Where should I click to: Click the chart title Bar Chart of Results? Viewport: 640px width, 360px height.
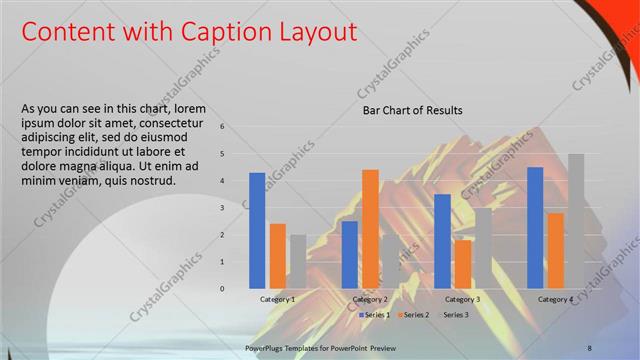[412, 111]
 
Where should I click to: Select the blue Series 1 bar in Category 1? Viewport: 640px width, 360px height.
[257, 230]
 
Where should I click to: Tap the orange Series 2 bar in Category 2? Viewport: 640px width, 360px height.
[370, 228]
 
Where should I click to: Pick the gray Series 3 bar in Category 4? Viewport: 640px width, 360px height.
[576, 221]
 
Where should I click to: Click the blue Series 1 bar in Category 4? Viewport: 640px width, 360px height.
[535, 227]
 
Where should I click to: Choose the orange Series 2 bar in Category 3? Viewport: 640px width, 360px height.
[462, 264]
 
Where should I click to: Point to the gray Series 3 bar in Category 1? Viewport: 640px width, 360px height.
[298, 261]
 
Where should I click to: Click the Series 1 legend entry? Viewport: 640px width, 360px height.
[374, 315]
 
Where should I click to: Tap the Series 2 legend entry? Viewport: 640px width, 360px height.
[416, 315]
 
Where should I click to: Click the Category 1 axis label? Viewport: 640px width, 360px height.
[277, 300]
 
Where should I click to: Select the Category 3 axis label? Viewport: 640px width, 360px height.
[462, 300]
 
